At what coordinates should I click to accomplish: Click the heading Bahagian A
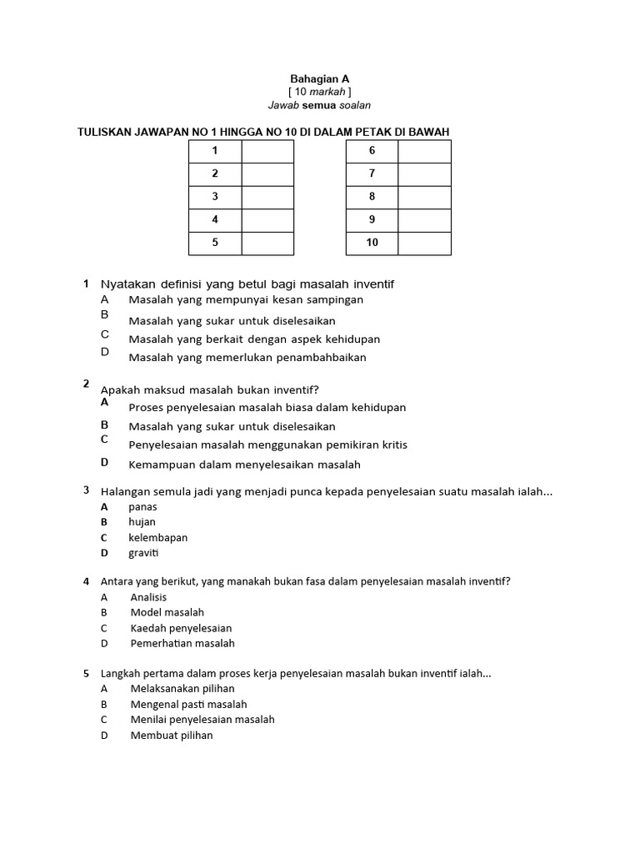click(x=319, y=78)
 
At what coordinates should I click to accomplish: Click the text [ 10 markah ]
click(x=319, y=92)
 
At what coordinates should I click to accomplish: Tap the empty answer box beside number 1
click(x=267, y=151)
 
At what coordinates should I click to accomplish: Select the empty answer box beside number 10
click(x=424, y=243)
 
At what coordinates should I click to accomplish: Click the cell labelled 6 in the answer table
click(x=372, y=151)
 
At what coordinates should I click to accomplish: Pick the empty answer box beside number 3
click(x=267, y=197)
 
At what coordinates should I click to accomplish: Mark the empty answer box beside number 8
click(x=424, y=197)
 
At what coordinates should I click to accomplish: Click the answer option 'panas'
click(x=142, y=507)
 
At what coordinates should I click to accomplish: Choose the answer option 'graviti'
click(x=143, y=553)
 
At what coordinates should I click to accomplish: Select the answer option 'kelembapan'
click(x=157, y=538)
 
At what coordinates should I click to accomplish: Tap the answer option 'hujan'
click(x=142, y=522)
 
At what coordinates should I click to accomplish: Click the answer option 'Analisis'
click(x=148, y=597)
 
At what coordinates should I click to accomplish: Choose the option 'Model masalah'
click(x=167, y=612)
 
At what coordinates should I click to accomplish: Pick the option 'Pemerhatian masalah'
click(x=182, y=643)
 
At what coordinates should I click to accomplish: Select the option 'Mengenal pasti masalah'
click(x=188, y=704)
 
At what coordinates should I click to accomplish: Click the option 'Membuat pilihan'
click(x=172, y=735)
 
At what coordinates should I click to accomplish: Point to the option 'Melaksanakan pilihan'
click(x=182, y=689)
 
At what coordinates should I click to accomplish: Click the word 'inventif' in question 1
click(x=372, y=284)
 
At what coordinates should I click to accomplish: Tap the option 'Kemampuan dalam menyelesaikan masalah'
click(x=244, y=465)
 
